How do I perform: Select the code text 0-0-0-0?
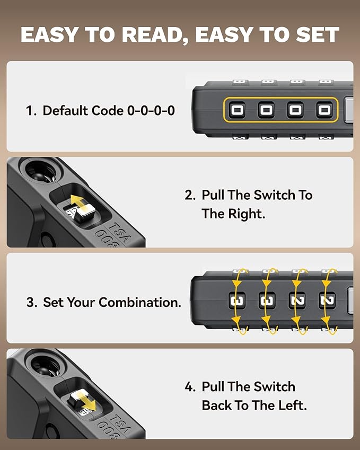[x=151, y=111]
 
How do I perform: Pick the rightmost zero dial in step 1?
[x=323, y=110]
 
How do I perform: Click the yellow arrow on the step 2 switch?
[x=79, y=203]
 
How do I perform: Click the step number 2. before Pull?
[x=190, y=195]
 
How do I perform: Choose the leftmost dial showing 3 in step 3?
[x=238, y=301]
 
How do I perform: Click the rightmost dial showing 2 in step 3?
[x=327, y=301]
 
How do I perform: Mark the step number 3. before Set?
[x=31, y=303]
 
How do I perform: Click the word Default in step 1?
[x=65, y=111]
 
